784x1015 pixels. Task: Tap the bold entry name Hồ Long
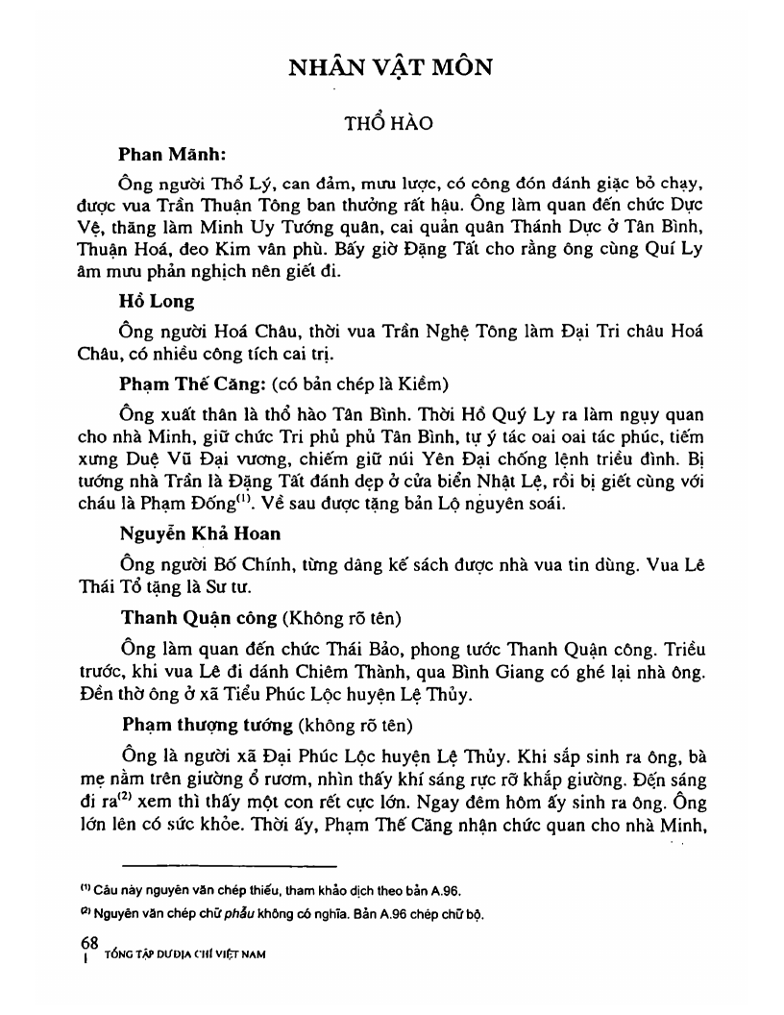coord(157,301)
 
